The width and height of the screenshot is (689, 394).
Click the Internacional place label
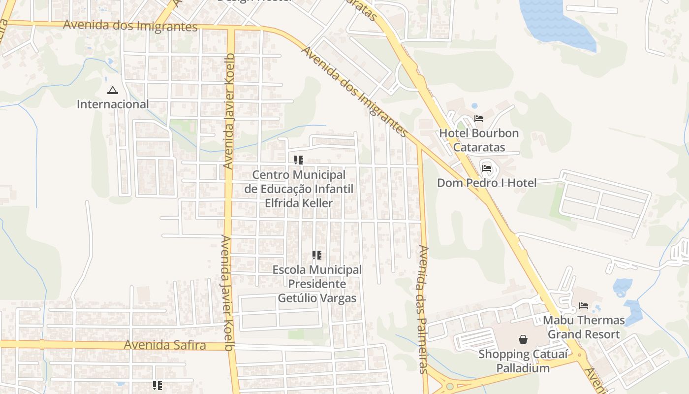click(x=113, y=104)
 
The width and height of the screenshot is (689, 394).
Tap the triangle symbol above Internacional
click(x=113, y=91)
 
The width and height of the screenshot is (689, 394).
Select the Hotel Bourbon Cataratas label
click(x=478, y=140)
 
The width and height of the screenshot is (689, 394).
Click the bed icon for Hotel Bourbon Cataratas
click(x=478, y=119)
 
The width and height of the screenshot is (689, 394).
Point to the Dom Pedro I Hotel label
click(x=487, y=183)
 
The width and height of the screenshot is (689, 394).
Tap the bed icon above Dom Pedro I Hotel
click(x=487, y=168)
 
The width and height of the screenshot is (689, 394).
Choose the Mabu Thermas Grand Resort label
click(x=584, y=327)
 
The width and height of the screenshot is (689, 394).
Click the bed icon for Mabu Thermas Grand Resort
click(x=584, y=306)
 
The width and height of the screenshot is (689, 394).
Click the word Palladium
click(x=523, y=368)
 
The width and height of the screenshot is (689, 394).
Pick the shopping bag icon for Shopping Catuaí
click(x=523, y=339)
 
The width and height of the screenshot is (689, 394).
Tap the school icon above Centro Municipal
click(x=299, y=160)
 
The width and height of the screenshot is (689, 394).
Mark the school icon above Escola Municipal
click(x=317, y=255)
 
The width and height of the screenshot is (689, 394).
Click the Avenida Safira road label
click(x=164, y=345)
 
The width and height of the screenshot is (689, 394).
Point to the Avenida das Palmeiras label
click(x=423, y=309)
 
